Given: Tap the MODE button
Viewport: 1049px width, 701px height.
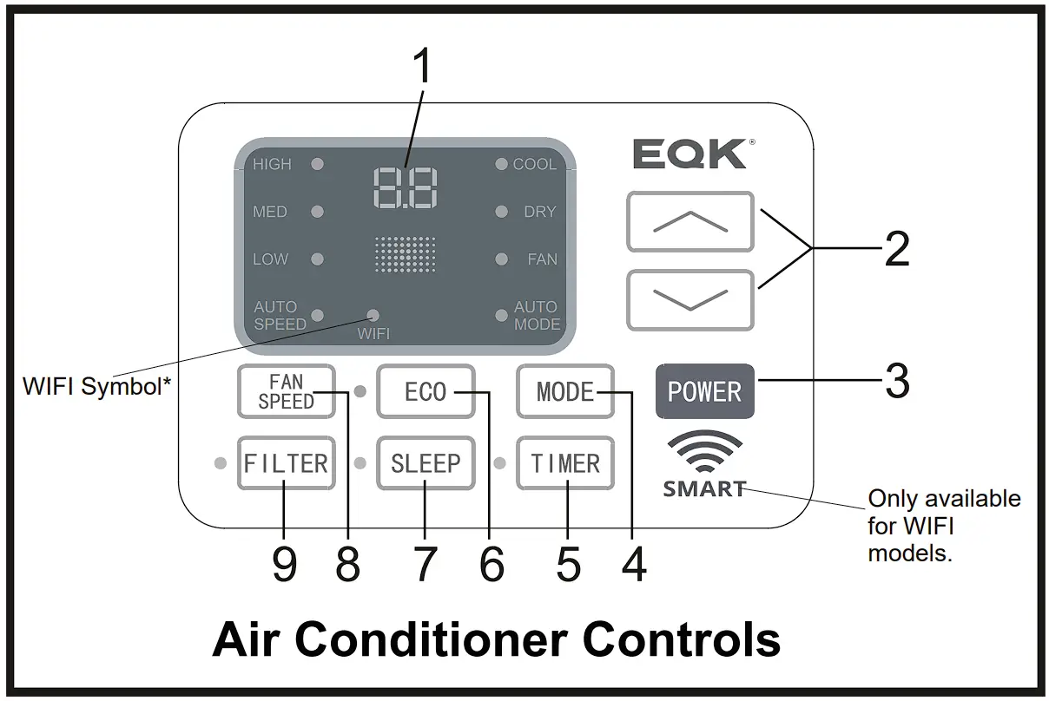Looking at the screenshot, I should [564, 392].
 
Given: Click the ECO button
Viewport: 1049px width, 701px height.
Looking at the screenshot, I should [426, 392].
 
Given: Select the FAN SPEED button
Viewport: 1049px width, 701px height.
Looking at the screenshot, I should [286, 392].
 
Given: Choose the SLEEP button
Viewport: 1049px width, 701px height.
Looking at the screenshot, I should [426, 463].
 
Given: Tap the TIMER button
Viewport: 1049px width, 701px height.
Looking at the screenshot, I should [565, 463].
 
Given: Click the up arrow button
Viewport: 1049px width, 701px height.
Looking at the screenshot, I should [690, 222].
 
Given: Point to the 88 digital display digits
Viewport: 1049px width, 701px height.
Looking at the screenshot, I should [406, 187].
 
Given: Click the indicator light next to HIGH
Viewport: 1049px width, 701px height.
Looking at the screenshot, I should [318, 164].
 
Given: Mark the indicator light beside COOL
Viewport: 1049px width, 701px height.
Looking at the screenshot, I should [501, 164].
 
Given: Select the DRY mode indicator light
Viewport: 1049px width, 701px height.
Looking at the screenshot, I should [501, 212].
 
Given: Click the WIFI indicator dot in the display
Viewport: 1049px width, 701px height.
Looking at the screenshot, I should [373, 315].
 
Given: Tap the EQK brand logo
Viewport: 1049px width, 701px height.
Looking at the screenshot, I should [689, 154].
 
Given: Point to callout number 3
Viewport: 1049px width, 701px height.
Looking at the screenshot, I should [896, 380].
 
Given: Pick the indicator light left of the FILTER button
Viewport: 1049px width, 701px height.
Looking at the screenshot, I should [221, 463].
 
